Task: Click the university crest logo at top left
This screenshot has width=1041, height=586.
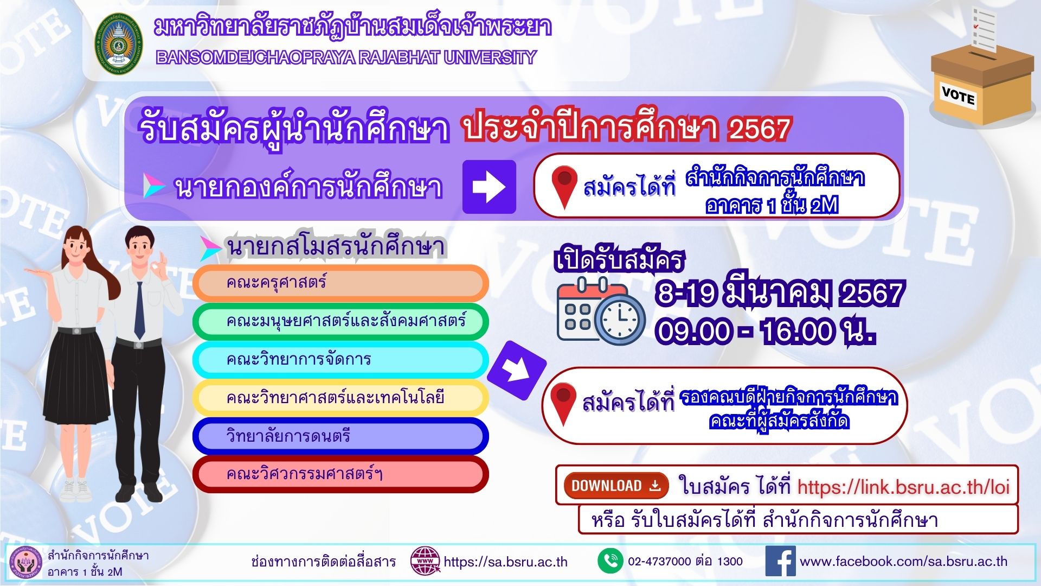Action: coord(119,44)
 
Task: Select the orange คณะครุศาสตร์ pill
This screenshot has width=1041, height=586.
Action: coord(340,283)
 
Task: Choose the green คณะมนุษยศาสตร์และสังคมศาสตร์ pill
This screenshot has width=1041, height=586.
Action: coord(340,321)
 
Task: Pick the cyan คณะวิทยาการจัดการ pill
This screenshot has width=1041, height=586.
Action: coord(340,360)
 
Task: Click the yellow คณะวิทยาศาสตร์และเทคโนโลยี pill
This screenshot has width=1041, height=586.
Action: coord(340,398)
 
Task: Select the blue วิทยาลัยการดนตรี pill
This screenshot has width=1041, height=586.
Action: coord(340,436)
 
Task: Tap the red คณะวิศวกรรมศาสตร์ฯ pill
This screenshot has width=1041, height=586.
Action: coord(340,474)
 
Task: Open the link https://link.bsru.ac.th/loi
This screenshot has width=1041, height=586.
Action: coord(903,487)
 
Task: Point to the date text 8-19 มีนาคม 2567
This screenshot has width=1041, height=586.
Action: coord(780,293)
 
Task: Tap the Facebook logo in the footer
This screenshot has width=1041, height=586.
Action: coord(780,561)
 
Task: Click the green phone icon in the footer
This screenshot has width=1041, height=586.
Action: coord(611,561)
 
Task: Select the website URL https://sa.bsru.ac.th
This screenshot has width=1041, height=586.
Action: coord(505,562)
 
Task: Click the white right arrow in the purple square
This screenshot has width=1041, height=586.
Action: coord(489,187)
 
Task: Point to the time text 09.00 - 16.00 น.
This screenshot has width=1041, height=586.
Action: coord(764,331)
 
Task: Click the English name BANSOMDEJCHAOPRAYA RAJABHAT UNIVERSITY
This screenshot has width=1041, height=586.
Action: coord(346,58)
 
